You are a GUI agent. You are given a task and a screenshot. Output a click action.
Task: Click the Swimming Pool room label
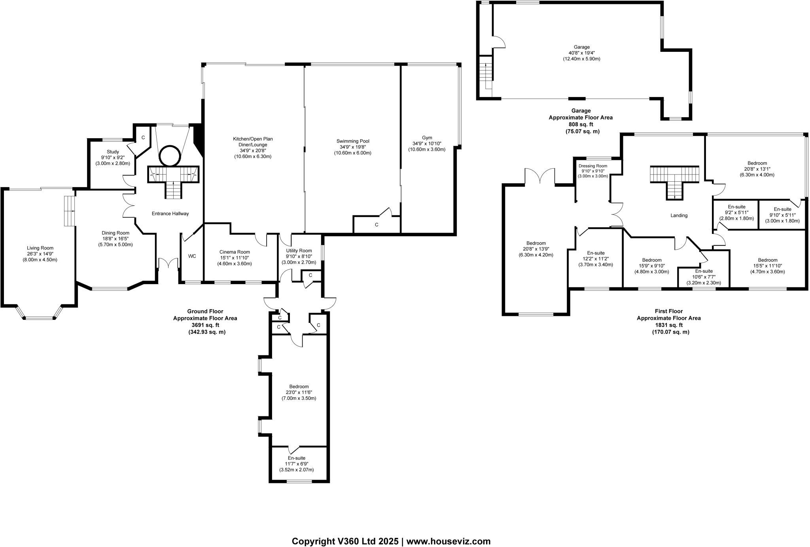click(x=353, y=141)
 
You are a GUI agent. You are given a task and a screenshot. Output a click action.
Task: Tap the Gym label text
click(x=427, y=138)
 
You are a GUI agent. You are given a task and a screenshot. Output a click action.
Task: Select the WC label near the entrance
click(x=192, y=256)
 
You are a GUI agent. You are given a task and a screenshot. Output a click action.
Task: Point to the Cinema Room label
click(x=235, y=252)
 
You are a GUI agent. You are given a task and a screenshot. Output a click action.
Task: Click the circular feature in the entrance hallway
click(x=171, y=156)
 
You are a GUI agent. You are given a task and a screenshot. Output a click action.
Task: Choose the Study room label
click(x=113, y=152)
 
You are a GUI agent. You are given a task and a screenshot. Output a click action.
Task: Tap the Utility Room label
click(x=299, y=251)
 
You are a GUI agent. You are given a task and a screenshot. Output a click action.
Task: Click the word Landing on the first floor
click(x=679, y=216)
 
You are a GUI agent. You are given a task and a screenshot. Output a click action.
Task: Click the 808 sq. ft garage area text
click(x=581, y=124)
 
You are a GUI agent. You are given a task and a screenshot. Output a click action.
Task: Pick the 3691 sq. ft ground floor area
click(x=205, y=325)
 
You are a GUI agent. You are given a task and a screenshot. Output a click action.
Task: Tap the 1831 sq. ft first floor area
click(x=668, y=325)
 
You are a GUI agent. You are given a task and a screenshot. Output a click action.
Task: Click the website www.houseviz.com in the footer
click(x=449, y=530)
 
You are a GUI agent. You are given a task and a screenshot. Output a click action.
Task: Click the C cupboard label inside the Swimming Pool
click(x=377, y=225)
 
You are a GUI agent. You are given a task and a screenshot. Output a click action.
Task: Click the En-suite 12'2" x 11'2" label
click(x=596, y=253)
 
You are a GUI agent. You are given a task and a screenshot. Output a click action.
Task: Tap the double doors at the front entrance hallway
click(x=168, y=263)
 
